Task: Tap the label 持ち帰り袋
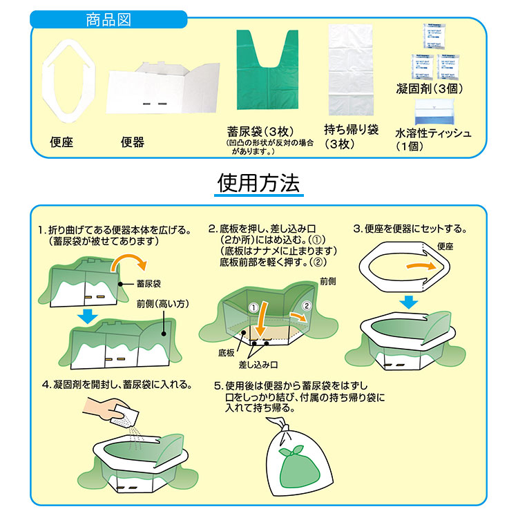click(352, 130)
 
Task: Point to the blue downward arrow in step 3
click(410, 302)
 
